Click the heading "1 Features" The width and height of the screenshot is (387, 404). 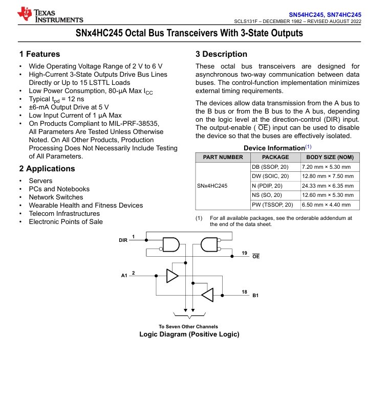[x=39, y=54]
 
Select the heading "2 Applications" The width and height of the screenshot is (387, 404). [x=47, y=169]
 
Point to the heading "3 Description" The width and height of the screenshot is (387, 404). [x=221, y=54]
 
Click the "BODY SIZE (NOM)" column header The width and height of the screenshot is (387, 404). [x=330, y=158]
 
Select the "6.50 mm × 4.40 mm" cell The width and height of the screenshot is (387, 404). [x=327, y=205]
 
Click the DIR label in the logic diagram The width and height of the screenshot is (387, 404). [x=123, y=239]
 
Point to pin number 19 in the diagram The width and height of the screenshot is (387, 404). [x=245, y=253]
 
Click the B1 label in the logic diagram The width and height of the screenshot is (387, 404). [x=255, y=296]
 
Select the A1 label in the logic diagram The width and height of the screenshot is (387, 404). [x=124, y=276]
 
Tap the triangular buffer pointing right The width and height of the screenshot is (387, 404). [x=173, y=276]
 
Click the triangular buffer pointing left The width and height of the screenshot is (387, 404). [x=207, y=295]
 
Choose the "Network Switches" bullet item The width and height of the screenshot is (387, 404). [x=56, y=197]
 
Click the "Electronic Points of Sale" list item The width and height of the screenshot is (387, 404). [x=66, y=221]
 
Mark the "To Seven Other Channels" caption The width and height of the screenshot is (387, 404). [x=188, y=326]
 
